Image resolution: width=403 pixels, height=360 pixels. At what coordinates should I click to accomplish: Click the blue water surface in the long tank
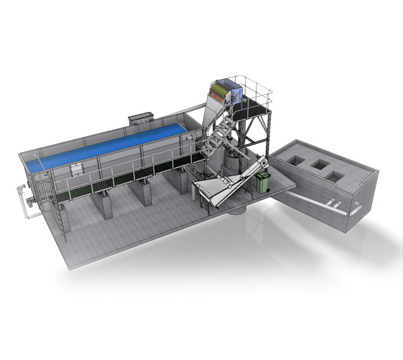(106, 144)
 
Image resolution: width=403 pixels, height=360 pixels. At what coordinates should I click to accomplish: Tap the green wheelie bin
(263, 183)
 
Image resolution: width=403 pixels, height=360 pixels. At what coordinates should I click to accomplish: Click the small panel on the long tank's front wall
(76, 169)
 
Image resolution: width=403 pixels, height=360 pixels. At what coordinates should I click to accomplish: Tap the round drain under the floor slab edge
(235, 209)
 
